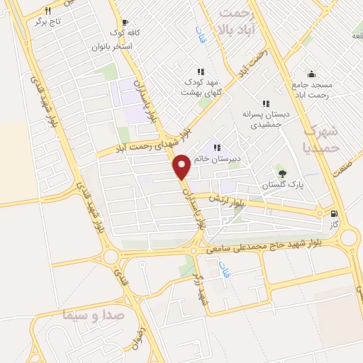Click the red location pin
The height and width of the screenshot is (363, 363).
click(x=181, y=166)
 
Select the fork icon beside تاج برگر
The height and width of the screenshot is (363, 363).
click(x=48, y=11)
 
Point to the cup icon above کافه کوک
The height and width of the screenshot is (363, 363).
click(x=125, y=22)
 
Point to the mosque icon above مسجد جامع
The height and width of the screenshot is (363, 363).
click(x=311, y=73)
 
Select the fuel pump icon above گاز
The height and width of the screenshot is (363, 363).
click(x=334, y=213)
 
